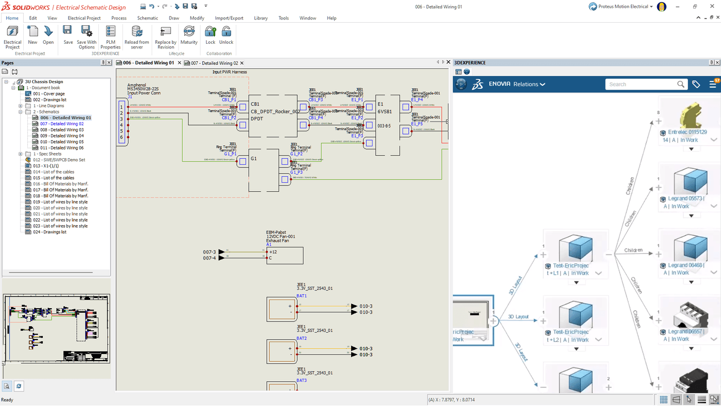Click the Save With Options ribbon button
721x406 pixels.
(x=87, y=37)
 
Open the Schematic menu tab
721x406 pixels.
(x=147, y=18)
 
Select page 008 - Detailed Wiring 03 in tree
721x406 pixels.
(x=62, y=130)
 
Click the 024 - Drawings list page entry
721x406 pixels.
(x=49, y=232)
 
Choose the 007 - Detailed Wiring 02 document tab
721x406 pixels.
(x=214, y=63)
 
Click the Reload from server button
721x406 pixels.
(x=136, y=37)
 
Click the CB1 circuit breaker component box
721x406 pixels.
(x=273, y=115)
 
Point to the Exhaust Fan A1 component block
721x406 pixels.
(x=284, y=255)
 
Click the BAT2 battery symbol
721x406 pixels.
(x=281, y=351)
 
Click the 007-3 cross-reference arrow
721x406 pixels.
(x=221, y=252)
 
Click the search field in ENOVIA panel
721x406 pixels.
(x=642, y=84)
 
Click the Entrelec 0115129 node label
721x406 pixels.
(x=687, y=132)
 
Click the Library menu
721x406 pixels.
(x=261, y=18)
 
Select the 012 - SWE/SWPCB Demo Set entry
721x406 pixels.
(x=59, y=160)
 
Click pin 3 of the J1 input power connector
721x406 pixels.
(x=122, y=119)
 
